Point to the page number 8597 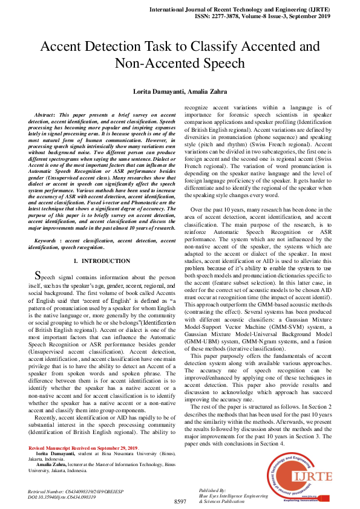[180, 502]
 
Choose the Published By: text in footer [213, 489]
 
